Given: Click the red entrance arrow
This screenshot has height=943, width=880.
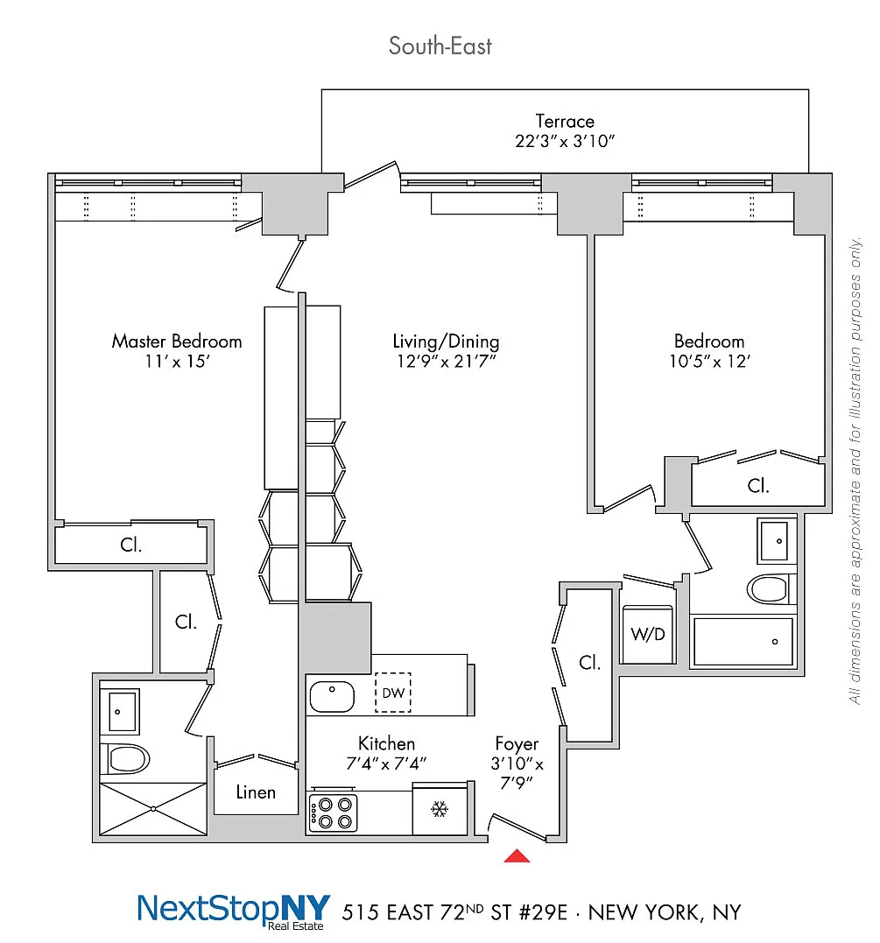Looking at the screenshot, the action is point(517,855).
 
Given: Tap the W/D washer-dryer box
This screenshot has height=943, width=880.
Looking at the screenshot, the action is point(647,635).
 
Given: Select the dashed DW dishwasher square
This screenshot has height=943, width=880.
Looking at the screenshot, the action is point(393,693).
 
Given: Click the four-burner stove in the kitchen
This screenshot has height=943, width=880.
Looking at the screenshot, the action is point(334,813).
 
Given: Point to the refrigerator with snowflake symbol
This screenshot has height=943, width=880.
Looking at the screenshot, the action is point(440,807).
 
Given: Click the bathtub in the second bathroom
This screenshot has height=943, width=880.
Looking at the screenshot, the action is point(742,642).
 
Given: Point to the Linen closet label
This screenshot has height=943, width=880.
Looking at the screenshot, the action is point(256,792).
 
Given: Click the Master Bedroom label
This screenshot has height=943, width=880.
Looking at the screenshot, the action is point(176,341).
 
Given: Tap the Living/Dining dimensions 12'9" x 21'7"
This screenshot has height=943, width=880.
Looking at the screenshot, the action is point(446,362).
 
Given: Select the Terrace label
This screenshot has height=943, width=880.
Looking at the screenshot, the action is point(565,122).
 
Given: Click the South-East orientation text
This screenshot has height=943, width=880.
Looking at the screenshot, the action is point(440,46).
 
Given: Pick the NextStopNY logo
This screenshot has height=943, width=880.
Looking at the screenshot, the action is point(234,911).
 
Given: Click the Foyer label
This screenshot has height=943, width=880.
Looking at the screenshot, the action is point(517,744).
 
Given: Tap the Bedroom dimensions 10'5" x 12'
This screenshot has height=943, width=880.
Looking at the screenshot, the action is point(709,362).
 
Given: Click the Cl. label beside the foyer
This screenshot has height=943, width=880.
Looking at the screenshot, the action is point(590,663).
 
